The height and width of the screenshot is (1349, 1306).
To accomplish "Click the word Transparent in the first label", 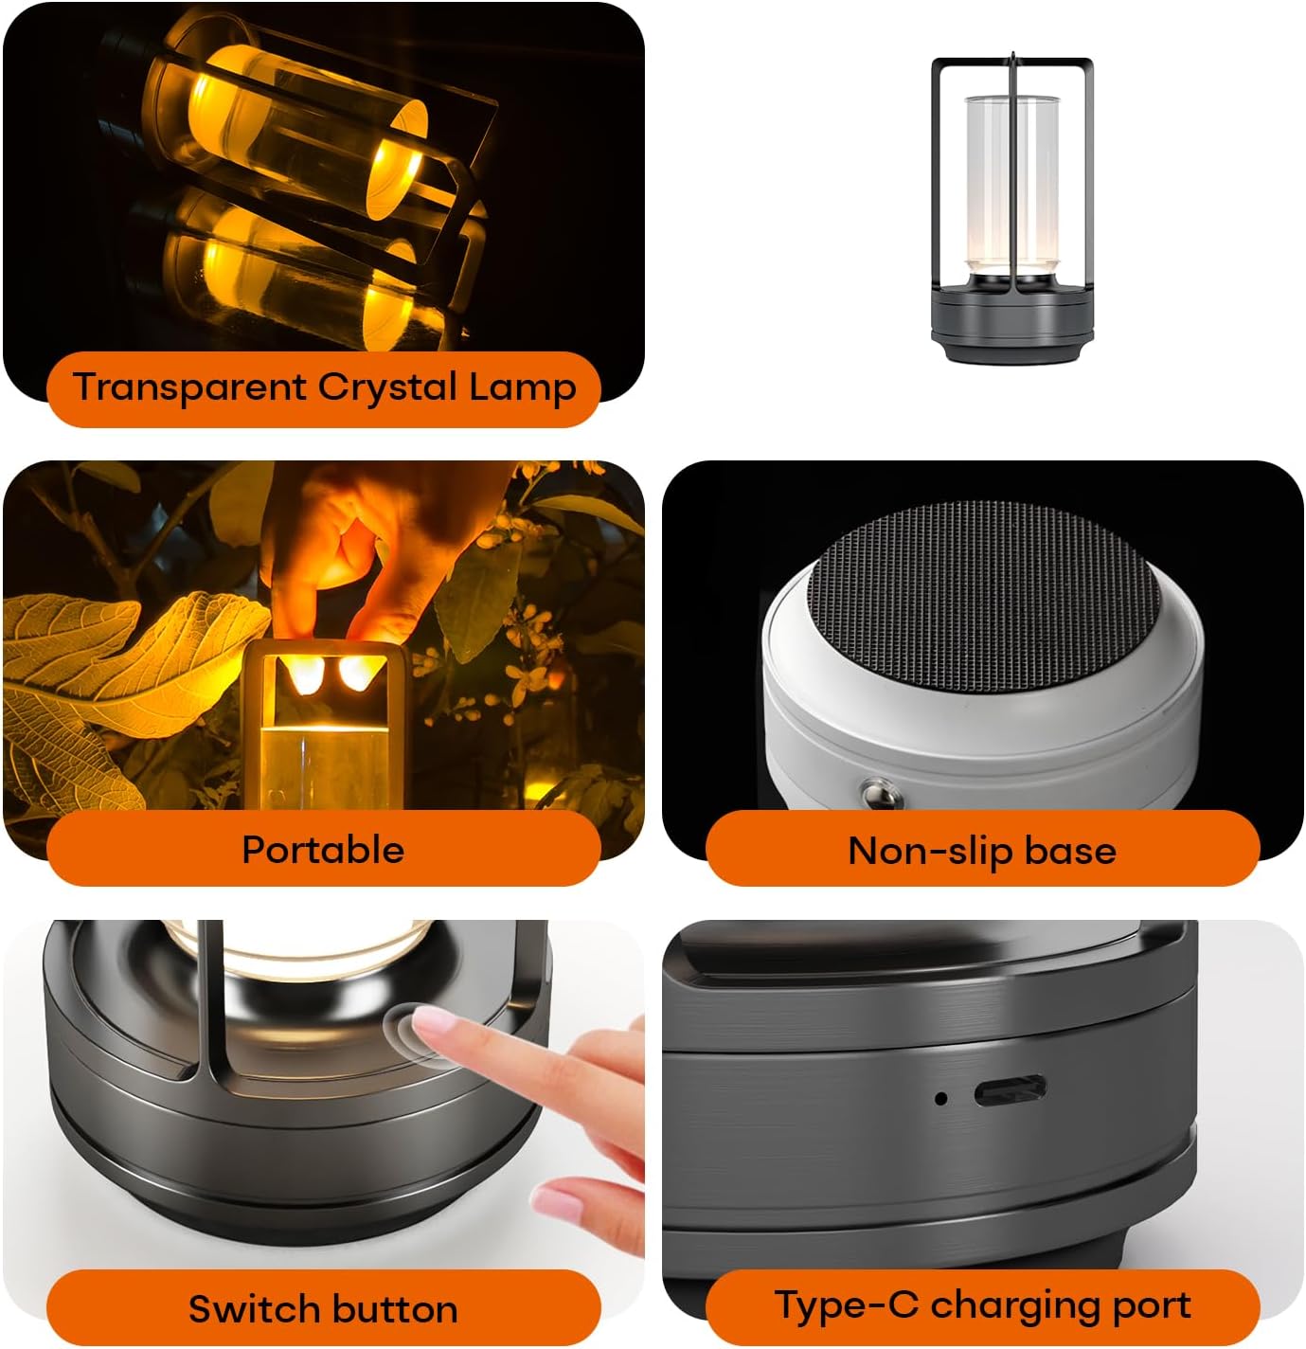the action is click(189, 387).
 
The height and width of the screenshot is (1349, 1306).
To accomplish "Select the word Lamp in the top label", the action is click(522, 388).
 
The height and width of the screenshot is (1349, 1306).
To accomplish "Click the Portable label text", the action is click(323, 850).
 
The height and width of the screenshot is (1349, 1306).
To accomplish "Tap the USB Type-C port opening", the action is click(1010, 1091).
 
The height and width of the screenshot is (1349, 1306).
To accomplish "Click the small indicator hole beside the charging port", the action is click(940, 1098).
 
